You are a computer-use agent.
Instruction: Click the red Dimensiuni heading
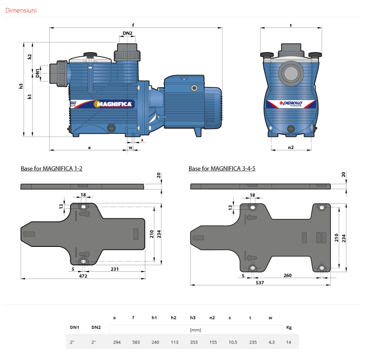(x=21, y=10)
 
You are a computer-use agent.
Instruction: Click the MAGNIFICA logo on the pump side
(x=114, y=104)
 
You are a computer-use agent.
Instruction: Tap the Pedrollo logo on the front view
(x=291, y=103)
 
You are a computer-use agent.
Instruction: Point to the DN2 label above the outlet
(x=127, y=33)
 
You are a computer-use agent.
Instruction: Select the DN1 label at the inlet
(x=38, y=73)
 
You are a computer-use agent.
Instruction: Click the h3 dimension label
(x=21, y=86)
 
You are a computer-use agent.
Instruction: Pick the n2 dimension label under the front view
(x=291, y=147)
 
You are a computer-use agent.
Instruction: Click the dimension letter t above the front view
(x=291, y=26)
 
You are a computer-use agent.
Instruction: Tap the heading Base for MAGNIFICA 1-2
(x=52, y=168)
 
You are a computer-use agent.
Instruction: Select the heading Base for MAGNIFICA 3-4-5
(x=222, y=168)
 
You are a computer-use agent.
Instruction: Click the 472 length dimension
(x=83, y=276)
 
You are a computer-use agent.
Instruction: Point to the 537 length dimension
(x=260, y=282)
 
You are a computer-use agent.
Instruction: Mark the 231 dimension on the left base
(x=115, y=269)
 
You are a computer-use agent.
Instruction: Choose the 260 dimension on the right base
(x=288, y=275)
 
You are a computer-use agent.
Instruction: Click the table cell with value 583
(x=136, y=342)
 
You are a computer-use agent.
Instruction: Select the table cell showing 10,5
(x=233, y=342)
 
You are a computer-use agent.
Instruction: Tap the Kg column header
(x=289, y=327)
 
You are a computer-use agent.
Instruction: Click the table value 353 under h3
(x=194, y=342)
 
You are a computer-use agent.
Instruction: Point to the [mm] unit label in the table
(x=196, y=330)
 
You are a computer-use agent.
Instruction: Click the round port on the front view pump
(x=291, y=72)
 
